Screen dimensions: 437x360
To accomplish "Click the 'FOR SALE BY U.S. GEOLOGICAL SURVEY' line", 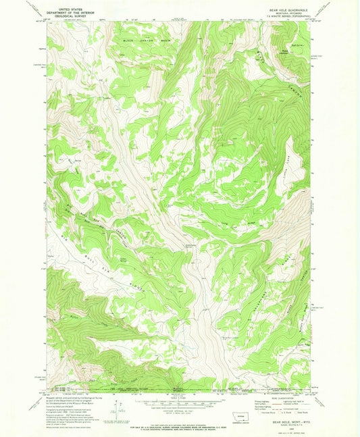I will pyautogui.click(x=180, y=422).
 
